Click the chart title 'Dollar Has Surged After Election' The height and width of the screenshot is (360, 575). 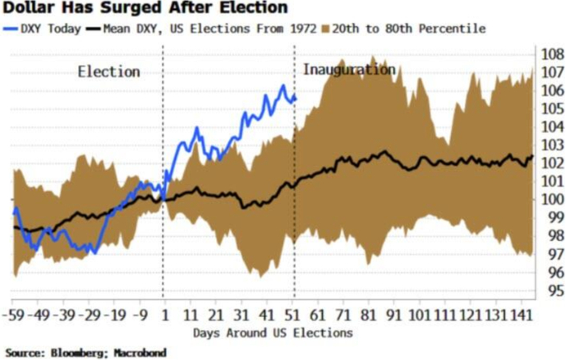(x=144, y=9)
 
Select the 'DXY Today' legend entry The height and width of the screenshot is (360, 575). (x=46, y=29)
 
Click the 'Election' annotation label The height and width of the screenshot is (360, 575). (x=108, y=72)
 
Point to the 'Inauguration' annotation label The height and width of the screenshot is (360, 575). (x=349, y=69)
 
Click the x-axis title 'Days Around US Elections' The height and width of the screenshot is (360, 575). (x=274, y=333)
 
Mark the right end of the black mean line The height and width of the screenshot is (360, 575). (x=532, y=156)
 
